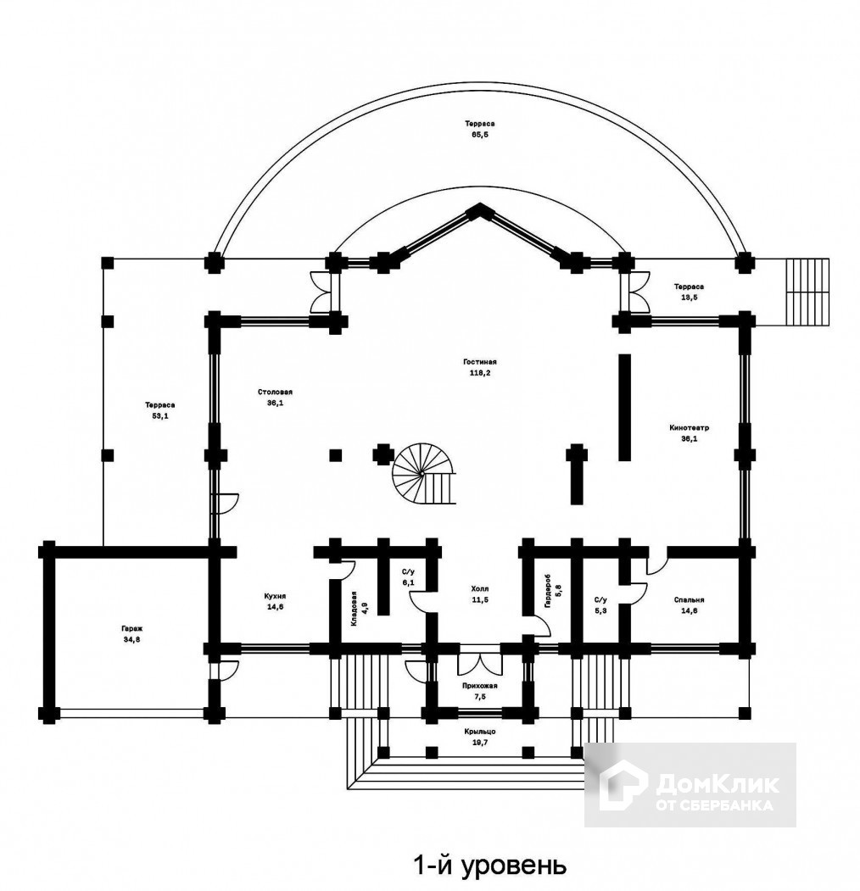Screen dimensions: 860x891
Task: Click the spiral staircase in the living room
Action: [424, 473]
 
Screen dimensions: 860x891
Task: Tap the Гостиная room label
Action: [480, 362]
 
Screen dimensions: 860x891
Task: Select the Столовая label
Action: [275, 392]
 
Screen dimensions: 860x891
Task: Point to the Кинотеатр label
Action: [689, 428]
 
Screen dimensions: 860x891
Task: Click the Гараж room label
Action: [131, 629]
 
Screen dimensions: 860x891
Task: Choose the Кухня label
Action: [275, 596]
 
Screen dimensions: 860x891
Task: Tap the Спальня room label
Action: [689, 600]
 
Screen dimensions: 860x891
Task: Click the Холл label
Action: [480, 589]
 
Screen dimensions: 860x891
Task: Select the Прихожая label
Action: [480, 686]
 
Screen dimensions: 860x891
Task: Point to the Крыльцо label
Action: [480, 732]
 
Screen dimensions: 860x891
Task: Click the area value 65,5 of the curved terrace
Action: [480, 135]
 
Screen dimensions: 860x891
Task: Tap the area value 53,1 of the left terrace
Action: [159, 415]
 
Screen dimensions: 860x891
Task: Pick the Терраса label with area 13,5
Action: [689, 287]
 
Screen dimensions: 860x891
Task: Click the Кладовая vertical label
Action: [354, 609]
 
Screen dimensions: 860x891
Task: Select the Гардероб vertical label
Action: [547, 591]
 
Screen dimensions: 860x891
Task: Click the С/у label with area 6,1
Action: [408, 571]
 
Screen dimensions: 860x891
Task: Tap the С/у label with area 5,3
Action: [600, 600]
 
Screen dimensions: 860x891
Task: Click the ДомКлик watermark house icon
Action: [623, 786]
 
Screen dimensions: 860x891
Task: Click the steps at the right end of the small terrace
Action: [807, 292]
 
